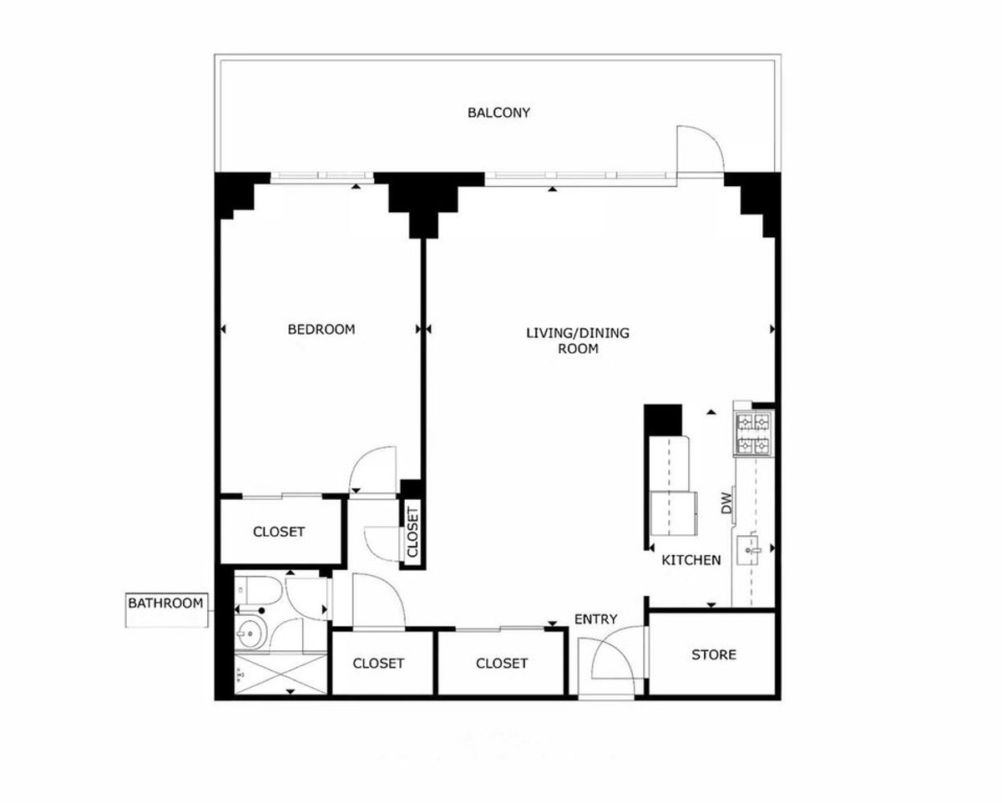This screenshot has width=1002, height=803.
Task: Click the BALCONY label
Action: click(498, 113)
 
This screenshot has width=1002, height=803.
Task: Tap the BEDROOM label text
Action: click(321, 329)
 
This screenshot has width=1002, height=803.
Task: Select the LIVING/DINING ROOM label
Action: click(577, 341)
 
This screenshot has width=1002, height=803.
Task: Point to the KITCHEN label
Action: click(691, 559)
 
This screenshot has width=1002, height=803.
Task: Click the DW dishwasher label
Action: click(726, 503)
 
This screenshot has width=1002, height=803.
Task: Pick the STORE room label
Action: click(714, 654)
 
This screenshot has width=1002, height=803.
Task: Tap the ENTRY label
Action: click(595, 619)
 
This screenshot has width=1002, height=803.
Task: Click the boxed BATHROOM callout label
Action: click(165, 602)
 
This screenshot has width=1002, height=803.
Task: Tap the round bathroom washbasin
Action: click(250, 634)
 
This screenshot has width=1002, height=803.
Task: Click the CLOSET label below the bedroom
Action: click(279, 532)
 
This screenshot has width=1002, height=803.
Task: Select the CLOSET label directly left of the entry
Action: click(502, 663)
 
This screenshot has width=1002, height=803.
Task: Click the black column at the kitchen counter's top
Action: click(665, 417)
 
